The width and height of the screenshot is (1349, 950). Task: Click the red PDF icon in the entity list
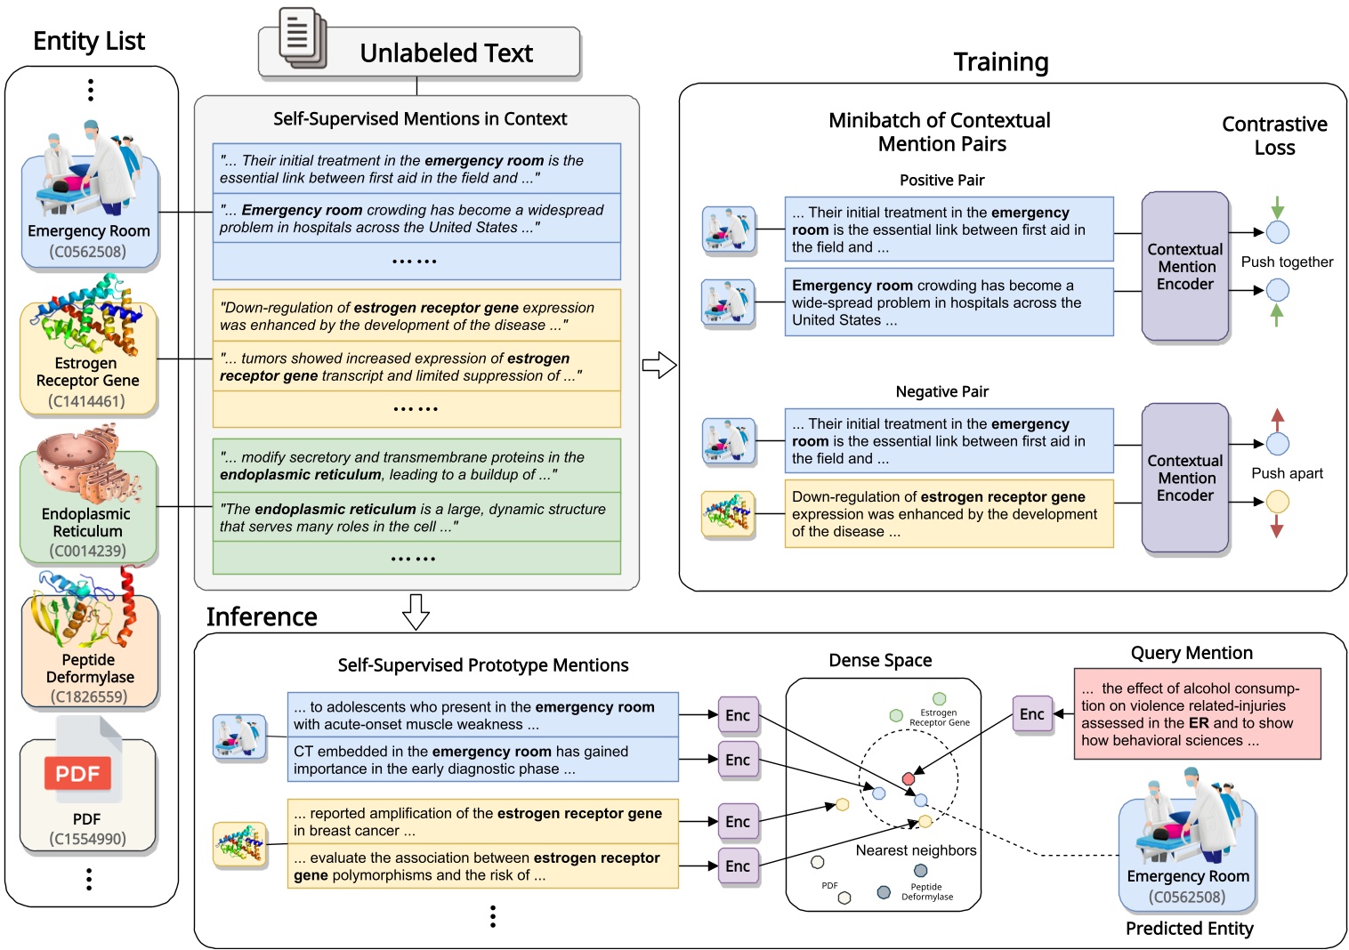click(77, 773)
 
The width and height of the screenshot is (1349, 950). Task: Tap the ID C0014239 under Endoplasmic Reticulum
click(87, 551)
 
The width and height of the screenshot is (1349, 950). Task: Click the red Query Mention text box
click(1196, 714)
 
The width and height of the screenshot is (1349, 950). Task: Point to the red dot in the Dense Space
click(908, 779)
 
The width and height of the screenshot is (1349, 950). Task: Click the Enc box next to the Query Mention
click(1032, 714)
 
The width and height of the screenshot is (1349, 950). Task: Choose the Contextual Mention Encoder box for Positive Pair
click(1184, 267)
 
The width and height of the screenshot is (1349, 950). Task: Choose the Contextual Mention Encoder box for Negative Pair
click(1184, 479)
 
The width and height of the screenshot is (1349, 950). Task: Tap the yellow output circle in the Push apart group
click(1277, 502)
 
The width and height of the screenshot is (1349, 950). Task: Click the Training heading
click(1000, 62)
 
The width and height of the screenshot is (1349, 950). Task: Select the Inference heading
click(262, 616)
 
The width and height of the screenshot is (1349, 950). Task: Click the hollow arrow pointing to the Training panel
click(659, 365)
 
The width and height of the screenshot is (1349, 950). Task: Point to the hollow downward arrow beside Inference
click(416, 611)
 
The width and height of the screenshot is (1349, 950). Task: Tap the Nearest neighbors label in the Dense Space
click(916, 850)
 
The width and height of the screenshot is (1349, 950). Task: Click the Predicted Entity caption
click(1189, 929)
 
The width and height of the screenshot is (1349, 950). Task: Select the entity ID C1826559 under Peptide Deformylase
click(88, 696)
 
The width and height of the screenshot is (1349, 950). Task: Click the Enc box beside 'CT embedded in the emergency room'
click(738, 760)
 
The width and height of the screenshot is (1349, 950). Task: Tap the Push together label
click(1286, 262)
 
